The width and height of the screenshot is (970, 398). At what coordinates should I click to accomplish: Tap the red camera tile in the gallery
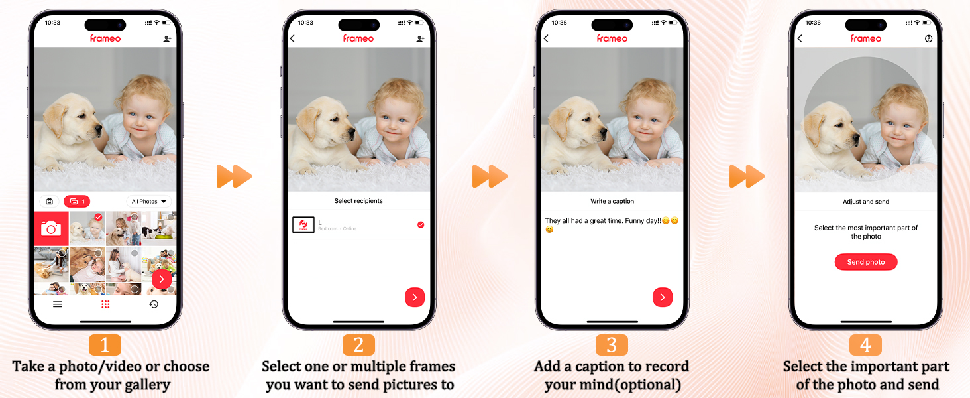[51, 229]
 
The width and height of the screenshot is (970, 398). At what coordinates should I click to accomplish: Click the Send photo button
[865, 262]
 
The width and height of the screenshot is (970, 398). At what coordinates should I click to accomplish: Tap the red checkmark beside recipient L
[420, 225]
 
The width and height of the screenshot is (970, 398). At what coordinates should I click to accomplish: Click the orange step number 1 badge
[105, 345]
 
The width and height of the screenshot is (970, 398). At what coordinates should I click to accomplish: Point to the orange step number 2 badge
[358, 345]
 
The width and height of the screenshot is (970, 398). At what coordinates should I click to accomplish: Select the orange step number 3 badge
[612, 345]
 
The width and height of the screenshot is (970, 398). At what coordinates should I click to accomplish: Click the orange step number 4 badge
[865, 345]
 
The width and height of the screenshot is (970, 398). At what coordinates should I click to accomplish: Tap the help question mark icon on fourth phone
[928, 39]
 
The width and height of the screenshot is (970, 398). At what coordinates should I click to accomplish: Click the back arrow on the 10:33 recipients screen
[292, 39]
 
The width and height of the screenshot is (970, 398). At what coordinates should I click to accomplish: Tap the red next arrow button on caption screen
[663, 297]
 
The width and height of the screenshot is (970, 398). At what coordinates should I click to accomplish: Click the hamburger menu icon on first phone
[58, 304]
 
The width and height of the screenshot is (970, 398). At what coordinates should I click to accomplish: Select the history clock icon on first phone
[154, 304]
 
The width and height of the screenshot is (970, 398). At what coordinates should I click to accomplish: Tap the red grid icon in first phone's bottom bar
[105, 304]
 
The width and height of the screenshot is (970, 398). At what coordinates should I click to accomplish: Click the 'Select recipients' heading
[358, 201]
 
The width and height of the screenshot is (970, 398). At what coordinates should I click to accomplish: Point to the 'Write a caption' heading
[612, 201]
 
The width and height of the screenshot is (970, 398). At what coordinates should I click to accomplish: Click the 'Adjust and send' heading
[865, 202]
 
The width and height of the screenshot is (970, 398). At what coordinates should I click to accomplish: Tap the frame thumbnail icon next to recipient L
[303, 225]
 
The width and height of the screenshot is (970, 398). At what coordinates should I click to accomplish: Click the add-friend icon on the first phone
[168, 39]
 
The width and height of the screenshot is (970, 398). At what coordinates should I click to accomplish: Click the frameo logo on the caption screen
[612, 38]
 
